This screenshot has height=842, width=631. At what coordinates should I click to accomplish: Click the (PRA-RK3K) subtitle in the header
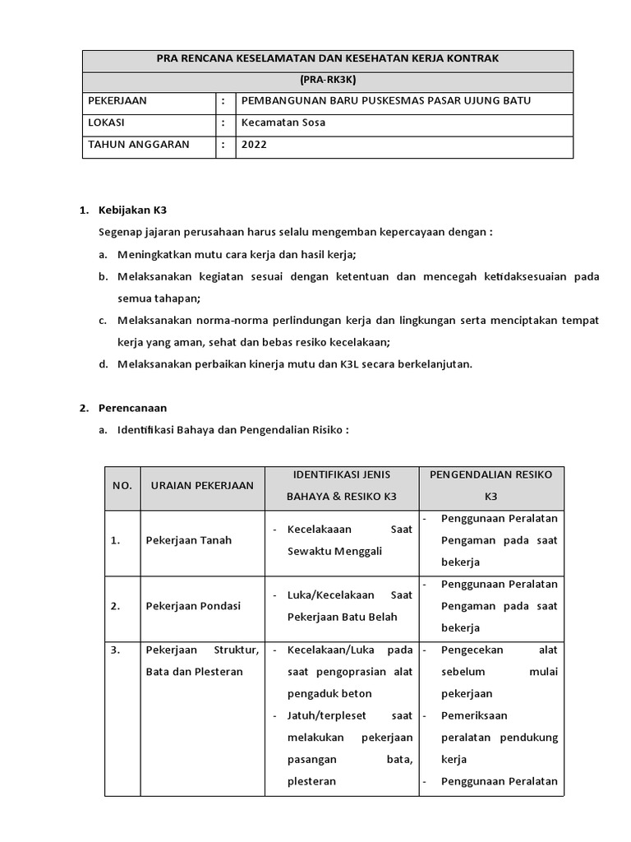coord(327,81)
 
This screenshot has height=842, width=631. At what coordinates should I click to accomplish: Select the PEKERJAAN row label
coord(117,101)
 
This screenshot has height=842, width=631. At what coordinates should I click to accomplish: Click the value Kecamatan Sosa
coord(283,123)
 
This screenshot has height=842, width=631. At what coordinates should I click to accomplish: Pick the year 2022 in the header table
coord(254,144)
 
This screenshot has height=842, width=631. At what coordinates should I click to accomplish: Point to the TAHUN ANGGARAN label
coord(138,144)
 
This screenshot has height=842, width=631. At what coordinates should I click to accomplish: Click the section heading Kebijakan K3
coord(132,210)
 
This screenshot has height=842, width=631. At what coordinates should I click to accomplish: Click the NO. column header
coord(122,486)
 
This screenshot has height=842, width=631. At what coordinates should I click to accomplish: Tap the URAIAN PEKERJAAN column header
coord(202,486)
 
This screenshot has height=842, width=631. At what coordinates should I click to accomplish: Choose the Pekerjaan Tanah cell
coord(188,540)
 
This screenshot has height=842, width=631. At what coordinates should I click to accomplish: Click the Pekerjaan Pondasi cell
coord(193,606)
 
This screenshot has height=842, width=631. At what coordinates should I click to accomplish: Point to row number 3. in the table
coord(115,650)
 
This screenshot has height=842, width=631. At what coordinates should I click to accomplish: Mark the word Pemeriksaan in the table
coord(474,715)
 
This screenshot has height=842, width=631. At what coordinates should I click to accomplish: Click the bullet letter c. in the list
coord(104,320)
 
